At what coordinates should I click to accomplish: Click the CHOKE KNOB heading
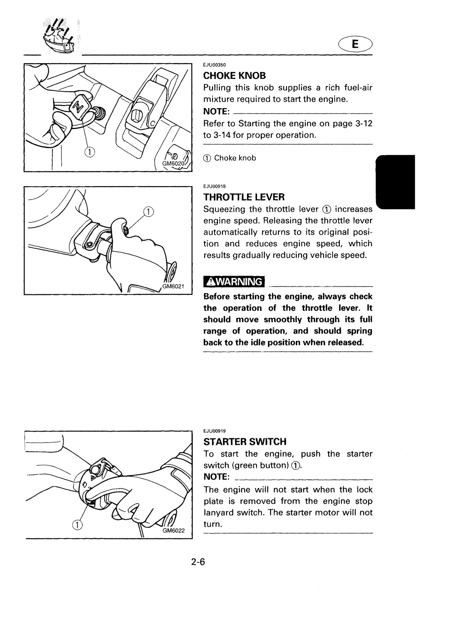point(234,75)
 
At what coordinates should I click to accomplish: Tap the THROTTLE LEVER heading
point(244,197)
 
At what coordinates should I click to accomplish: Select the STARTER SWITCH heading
point(245,442)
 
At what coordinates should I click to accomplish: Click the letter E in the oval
point(355,44)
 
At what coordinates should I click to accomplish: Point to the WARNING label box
point(234,282)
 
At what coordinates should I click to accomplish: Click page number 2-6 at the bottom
point(198,562)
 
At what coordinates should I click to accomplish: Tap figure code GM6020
point(174,164)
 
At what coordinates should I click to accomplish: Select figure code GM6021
point(173,287)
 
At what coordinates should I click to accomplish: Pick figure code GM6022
point(174,530)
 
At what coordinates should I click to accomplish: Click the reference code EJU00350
point(214,65)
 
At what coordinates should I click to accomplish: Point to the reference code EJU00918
point(214,186)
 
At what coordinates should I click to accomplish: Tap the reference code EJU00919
point(214,431)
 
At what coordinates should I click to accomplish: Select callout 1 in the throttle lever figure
point(148,212)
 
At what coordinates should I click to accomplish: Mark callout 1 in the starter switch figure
point(77,525)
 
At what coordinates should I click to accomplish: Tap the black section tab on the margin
point(396,182)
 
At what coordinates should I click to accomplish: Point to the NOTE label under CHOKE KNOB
point(216,111)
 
